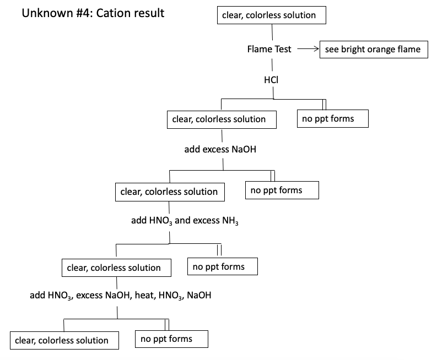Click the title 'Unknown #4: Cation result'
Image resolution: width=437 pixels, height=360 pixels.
click(93, 13)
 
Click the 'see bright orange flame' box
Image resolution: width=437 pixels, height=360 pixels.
click(373, 49)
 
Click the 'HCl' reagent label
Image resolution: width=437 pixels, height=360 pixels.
click(271, 80)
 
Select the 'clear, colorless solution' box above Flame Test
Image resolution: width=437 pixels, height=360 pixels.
click(272, 15)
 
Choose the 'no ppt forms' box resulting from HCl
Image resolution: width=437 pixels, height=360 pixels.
click(332, 118)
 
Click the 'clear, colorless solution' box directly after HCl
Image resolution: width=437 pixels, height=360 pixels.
click(222, 119)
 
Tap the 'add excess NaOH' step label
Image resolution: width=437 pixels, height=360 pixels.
click(220, 149)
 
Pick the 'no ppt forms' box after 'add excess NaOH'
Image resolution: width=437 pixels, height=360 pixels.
click(281, 190)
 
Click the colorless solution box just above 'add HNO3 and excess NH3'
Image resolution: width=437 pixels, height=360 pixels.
click(169, 192)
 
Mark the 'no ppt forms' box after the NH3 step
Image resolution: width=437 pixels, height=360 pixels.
click(223, 267)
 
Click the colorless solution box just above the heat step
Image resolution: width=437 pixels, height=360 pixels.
click(116, 268)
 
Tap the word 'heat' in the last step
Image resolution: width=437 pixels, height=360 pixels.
click(144, 296)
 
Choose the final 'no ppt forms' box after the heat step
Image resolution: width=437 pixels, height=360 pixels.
click(171, 339)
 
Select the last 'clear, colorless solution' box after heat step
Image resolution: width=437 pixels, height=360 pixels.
click(64, 340)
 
